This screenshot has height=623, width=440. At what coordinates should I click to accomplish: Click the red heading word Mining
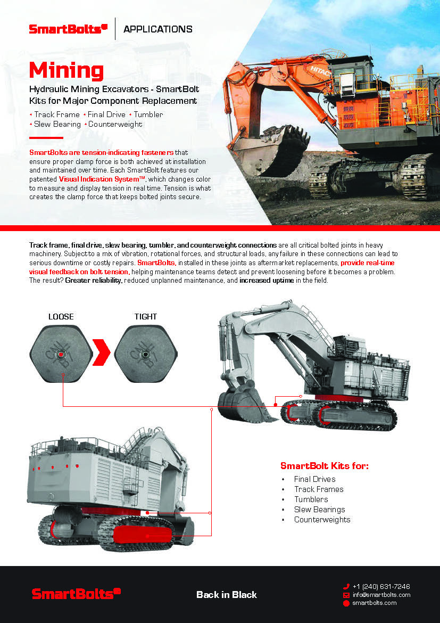point(67,71)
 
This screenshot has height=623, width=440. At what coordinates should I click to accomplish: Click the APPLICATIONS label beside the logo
point(157,29)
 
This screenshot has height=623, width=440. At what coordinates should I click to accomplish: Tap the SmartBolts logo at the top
point(68,29)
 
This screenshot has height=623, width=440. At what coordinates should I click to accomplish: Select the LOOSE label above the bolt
point(61,316)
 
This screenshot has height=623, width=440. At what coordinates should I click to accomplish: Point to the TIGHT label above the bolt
point(146,316)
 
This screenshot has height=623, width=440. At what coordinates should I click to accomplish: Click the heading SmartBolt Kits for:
point(324,466)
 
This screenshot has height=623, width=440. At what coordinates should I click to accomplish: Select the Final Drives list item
point(314,479)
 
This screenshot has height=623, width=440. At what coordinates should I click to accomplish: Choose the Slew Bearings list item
point(319,510)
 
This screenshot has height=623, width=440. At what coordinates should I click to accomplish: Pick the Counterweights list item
point(322,520)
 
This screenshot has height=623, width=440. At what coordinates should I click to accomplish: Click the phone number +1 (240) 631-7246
point(381,586)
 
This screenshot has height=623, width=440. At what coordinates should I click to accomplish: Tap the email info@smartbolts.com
point(381,595)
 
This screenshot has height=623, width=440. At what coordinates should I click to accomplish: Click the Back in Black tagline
point(227,594)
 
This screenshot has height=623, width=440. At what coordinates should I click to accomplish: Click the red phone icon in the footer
point(346,586)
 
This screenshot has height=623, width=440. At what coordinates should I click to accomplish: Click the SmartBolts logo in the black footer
point(77,594)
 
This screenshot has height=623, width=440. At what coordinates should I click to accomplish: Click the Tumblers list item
point(311,499)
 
